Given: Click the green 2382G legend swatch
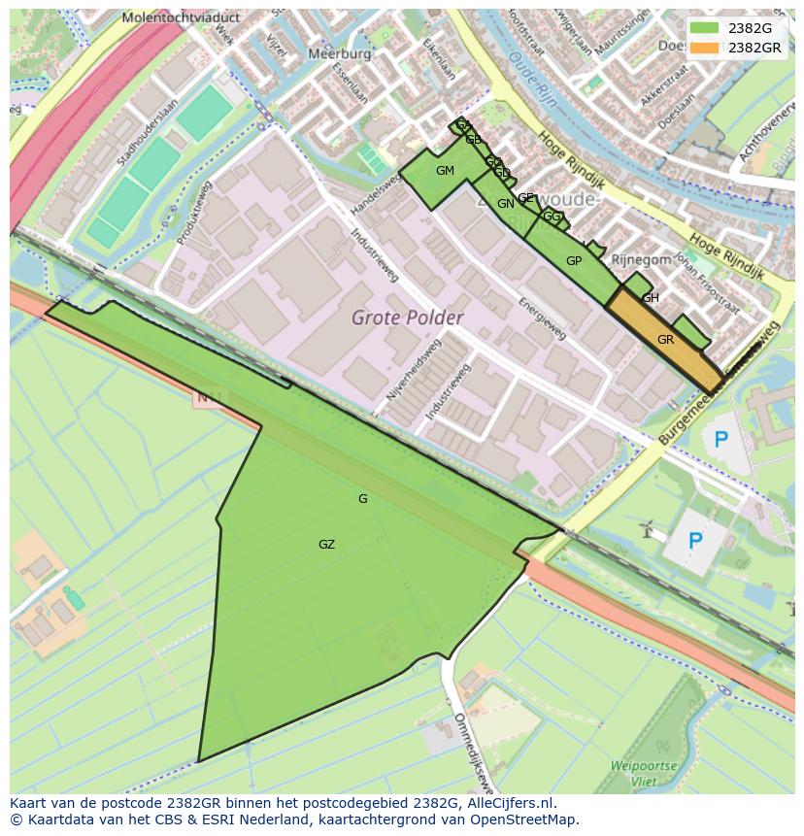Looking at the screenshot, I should [705, 28].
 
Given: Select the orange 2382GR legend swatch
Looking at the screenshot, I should [705, 47].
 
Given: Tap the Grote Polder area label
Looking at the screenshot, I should [407, 318].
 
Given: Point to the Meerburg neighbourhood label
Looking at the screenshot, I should [338, 54].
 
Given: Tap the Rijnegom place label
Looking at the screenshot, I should [641, 259].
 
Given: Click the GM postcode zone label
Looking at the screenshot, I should [445, 171].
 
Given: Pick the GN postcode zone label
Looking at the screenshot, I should [505, 204].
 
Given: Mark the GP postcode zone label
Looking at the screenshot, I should [573, 260].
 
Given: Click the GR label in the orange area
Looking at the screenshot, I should [665, 340].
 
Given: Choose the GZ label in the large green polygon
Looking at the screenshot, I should [326, 545].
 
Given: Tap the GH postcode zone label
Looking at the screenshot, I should [651, 298].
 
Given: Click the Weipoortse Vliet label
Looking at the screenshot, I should [643, 773].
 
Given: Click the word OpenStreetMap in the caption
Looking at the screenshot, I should [521, 819].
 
